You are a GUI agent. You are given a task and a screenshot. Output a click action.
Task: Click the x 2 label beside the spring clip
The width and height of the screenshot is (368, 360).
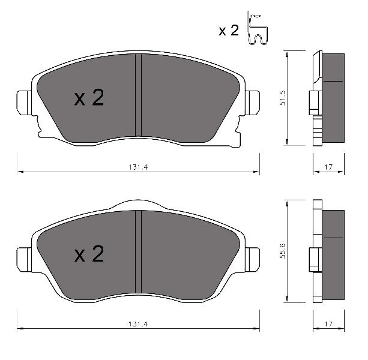(229, 31)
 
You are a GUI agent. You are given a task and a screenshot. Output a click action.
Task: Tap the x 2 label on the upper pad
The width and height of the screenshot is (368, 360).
(89, 97)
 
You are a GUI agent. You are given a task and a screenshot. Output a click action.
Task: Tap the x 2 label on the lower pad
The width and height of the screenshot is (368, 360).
(89, 254)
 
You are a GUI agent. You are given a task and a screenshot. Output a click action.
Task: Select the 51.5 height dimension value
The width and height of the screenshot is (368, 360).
(283, 98)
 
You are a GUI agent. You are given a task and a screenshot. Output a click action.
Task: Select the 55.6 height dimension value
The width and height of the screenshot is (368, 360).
(283, 251)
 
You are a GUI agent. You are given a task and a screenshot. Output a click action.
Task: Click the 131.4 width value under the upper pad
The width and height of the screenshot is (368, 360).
(138, 167)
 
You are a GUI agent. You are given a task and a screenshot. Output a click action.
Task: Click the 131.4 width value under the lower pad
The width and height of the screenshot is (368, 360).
(138, 324)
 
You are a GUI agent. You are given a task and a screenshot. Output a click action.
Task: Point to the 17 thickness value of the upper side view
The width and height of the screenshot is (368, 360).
(328, 167)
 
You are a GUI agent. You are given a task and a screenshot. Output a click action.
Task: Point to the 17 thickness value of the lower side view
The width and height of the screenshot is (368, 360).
(328, 324)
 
